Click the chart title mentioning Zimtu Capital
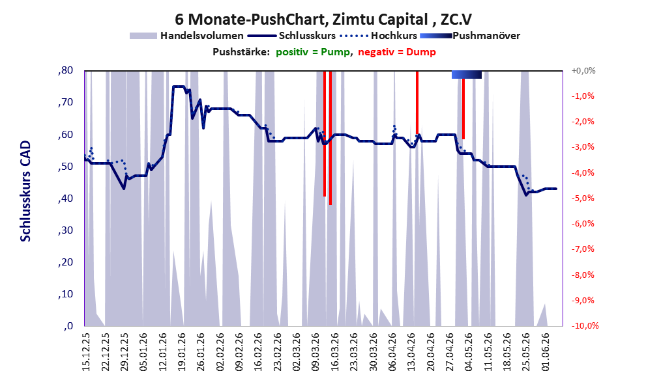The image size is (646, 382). click(x=323, y=19)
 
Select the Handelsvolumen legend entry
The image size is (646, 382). click(x=186, y=36)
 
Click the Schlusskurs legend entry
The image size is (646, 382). click(x=291, y=36)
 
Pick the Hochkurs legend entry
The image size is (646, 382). click(x=378, y=36)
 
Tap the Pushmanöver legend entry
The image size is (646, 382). click(x=470, y=36)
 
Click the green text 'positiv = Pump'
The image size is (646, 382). click(x=314, y=52)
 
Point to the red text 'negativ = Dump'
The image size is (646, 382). click(x=397, y=52)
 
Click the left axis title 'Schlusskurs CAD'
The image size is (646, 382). click(x=25, y=191)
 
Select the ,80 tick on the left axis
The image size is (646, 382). click(x=65, y=70)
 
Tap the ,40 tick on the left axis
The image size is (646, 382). click(x=65, y=198)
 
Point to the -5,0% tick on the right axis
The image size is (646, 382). click(x=583, y=198)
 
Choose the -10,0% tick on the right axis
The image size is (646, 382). click(x=585, y=326)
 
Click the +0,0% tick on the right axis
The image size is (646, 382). click(x=583, y=71)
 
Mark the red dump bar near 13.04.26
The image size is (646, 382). click(x=417, y=103)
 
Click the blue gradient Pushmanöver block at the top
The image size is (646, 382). click(x=466, y=75)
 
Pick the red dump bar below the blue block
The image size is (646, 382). click(x=463, y=109)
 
